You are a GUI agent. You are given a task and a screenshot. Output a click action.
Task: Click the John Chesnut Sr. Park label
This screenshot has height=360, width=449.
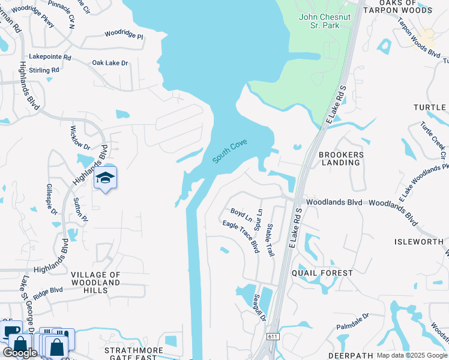point(325,21)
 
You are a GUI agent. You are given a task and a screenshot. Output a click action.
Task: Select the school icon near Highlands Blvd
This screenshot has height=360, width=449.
point(105,178)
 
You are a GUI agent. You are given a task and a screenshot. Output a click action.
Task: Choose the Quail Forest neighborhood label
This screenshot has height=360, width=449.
point(322,273)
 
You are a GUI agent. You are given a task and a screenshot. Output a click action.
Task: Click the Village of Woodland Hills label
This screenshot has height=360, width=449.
point(96,283)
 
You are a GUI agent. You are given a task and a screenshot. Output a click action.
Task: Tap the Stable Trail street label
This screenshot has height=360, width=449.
point(270,240)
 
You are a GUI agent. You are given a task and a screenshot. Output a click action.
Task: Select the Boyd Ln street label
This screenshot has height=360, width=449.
point(241,215)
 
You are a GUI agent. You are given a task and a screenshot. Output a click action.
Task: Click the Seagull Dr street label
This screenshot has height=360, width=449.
point(259,307)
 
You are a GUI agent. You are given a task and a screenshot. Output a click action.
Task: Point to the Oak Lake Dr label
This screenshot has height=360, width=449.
point(110,63)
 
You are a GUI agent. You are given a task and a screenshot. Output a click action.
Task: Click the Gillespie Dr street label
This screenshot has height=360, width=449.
point(50,200)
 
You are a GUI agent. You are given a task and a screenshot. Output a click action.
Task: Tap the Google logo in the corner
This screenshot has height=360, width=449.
point(20,352)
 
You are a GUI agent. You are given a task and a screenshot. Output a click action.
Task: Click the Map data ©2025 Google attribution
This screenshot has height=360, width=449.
point(411,355)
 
